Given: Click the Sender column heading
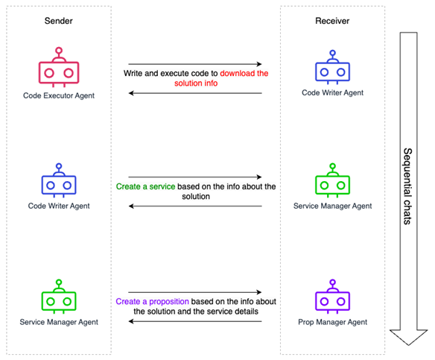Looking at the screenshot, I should click(x=58, y=21).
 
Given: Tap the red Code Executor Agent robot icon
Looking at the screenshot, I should click(x=58, y=69).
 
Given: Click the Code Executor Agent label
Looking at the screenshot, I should click(x=58, y=95).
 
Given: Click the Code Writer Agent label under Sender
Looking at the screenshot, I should click(x=58, y=206).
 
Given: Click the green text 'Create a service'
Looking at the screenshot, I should click(x=145, y=186).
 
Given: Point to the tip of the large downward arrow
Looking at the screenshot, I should click(x=409, y=344).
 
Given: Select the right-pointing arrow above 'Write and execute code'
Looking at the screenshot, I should click(x=195, y=65).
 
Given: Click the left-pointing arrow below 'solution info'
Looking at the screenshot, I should click(x=195, y=92).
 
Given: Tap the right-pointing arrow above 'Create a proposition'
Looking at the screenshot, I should click(x=195, y=292).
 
